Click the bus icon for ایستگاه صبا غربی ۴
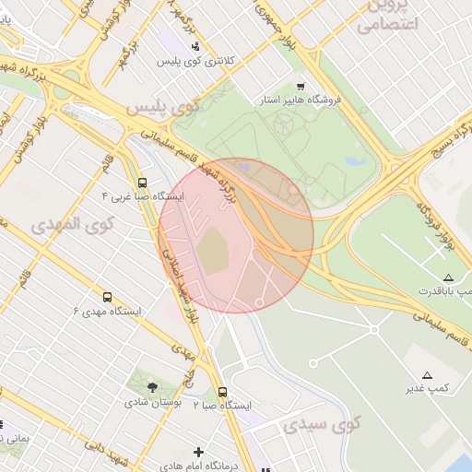[x=142, y=183]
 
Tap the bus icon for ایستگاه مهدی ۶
[x=108, y=297]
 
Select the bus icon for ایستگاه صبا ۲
[x=222, y=391]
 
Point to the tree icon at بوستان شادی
[x=152, y=388]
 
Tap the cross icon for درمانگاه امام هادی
[x=198, y=452]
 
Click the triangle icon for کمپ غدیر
[x=427, y=374]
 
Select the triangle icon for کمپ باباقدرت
[x=448, y=277]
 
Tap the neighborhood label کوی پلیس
[x=163, y=107]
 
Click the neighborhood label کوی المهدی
[x=71, y=224]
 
